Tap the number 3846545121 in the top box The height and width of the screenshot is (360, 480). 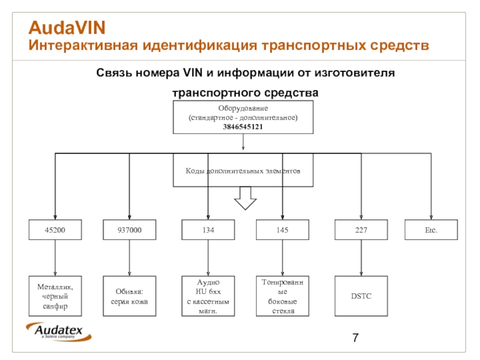tap(243, 127)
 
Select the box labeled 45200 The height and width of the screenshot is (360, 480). tap(55, 230)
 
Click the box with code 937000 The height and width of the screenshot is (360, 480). tap(129, 230)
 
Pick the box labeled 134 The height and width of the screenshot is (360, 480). tap(208, 230)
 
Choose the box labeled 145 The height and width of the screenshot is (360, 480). tap(283, 230)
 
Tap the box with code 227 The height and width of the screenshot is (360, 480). tap(361, 230)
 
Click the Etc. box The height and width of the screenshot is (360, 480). tap(431, 230)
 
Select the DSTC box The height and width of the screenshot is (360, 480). tap(361, 296)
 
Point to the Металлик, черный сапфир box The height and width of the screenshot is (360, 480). tap(55, 296)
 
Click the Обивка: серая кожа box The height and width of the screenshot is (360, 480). tap(129, 296)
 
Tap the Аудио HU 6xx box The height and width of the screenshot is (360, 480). tap(208, 296)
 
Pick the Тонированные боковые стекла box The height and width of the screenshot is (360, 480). tap(283, 296)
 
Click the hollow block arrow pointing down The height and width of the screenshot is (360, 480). tap(245, 198)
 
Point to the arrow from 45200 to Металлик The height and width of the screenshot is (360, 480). tap(55, 258)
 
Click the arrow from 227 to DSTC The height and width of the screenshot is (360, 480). tap(361, 258)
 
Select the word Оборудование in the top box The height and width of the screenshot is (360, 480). tap(243, 109)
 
